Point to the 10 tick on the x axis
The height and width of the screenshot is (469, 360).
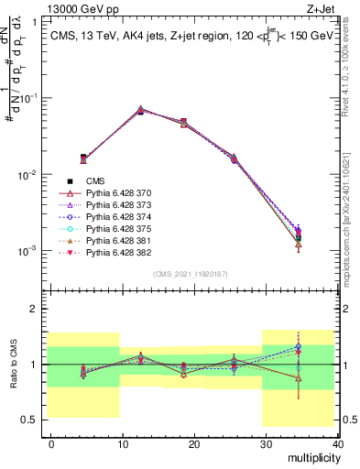point(123,443)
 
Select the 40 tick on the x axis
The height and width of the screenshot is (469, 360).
point(337,443)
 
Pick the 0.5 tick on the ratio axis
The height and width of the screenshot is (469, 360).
point(31,420)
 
